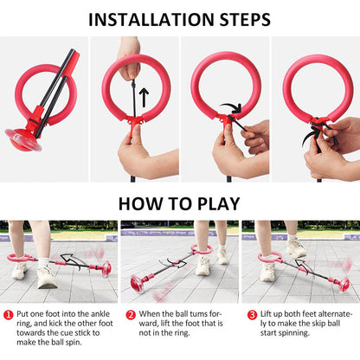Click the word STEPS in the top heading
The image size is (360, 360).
click(x=245, y=20)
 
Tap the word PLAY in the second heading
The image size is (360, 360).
click(x=218, y=203)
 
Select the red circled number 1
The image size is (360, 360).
click(x=9, y=314)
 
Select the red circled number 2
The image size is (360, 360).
click(x=131, y=314)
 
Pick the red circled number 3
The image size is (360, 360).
click(x=252, y=314)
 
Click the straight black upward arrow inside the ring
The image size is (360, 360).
click(x=144, y=98)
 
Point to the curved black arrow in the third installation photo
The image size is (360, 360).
click(x=231, y=109)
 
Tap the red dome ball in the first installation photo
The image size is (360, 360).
click(x=23, y=139)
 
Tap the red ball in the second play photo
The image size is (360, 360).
click(x=138, y=283)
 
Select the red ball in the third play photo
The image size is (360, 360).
click(x=344, y=284)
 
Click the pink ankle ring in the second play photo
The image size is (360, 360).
click(x=202, y=250)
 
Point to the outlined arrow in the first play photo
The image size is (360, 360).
click(x=74, y=261)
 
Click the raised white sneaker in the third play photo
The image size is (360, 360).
click(x=296, y=248)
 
